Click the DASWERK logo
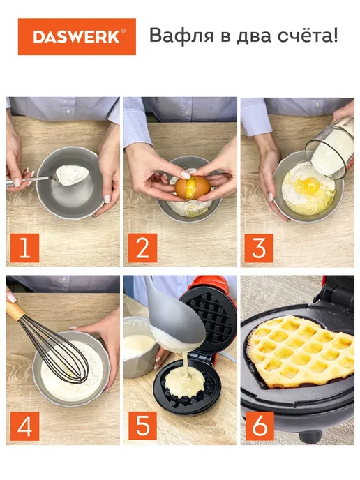77,37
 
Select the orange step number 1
24,248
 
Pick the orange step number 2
142,248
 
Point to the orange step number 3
259,248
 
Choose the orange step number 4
24,426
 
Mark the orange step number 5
142,426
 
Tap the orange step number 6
260,426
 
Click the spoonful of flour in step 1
72,175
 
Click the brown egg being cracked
193,187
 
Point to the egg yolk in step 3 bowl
310,184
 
